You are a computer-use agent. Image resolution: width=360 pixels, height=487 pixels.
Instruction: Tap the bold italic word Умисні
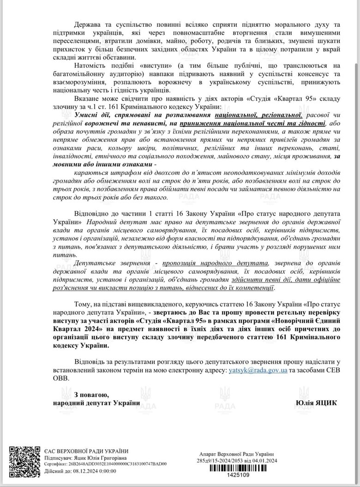[87, 114]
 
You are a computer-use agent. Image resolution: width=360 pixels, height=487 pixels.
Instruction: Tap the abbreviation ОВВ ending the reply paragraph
[61, 378]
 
